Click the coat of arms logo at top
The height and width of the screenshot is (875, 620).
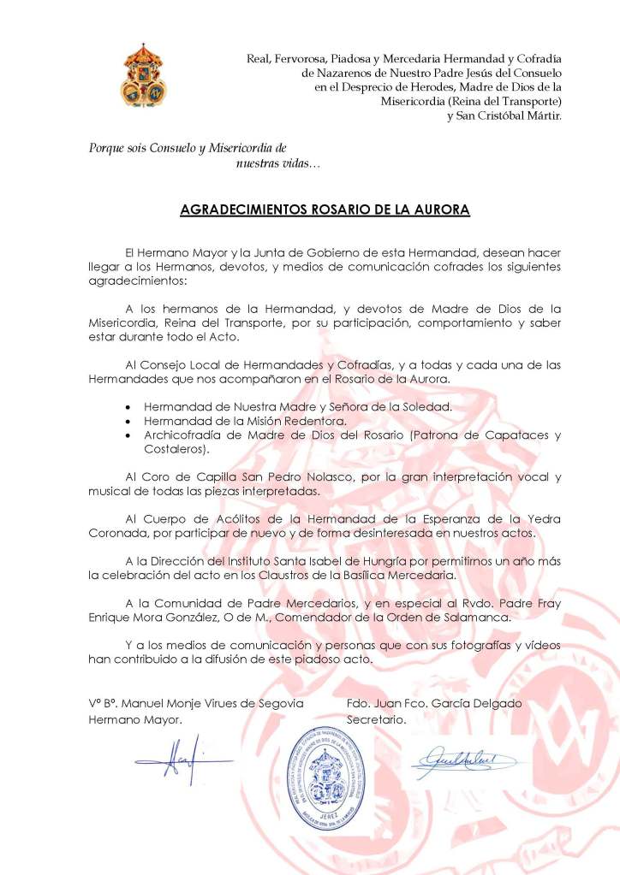144,74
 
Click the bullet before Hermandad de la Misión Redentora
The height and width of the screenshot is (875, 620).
128,421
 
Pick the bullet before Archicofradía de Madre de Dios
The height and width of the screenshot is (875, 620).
128,435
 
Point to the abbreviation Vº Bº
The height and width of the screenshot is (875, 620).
102,703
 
